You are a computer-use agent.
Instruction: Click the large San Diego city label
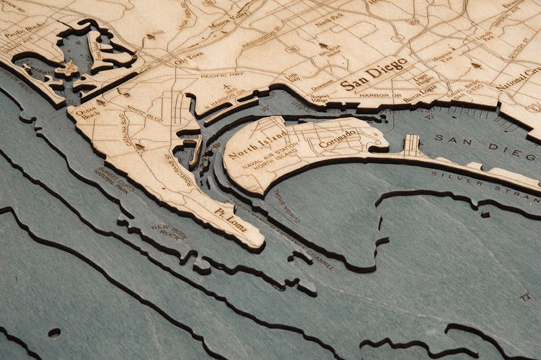pyautogui.click(x=373, y=75)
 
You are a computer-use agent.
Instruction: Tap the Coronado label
pyautogui.click(x=338, y=138)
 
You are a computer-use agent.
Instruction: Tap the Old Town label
pyautogui.click(x=188, y=58)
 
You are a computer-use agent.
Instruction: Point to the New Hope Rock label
pyautogui.click(x=169, y=232)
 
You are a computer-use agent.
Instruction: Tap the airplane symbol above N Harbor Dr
pyautogui.click(x=227, y=89)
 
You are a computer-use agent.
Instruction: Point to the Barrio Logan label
pyautogui.click(x=420, y=90)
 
